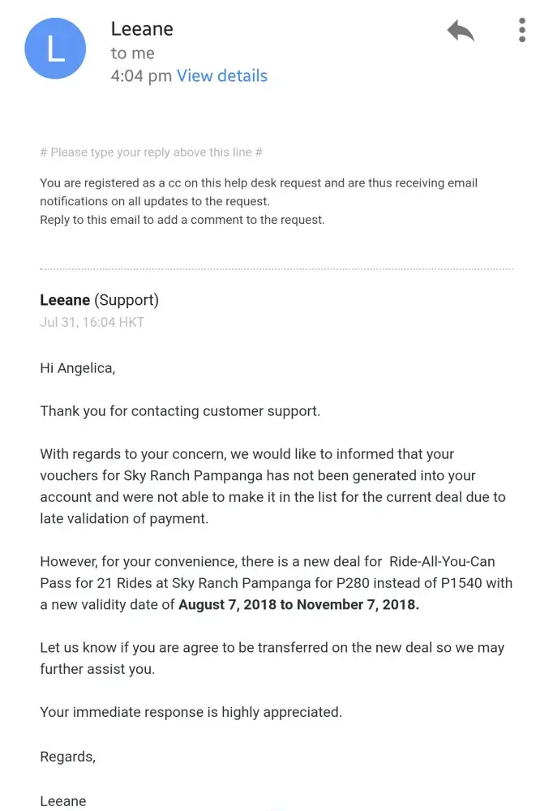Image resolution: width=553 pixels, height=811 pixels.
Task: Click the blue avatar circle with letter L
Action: click(55, 49)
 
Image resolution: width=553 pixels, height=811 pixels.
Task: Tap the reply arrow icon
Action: click(461, 32)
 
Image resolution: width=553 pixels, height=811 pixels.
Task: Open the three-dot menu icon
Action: click(522, 30)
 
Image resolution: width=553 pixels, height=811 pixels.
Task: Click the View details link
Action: click(222, 76)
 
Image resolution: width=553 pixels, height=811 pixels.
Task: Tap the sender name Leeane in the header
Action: click(142, 29)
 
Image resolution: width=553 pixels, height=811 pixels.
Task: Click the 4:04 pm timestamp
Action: click(141, 76)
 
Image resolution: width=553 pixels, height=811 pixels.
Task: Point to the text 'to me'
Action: click(132, 54)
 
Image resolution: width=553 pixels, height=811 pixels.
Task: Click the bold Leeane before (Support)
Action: click(65, 300)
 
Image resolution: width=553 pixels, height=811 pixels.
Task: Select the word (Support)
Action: click(126, 300)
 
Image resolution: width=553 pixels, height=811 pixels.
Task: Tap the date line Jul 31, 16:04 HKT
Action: click(92, 322)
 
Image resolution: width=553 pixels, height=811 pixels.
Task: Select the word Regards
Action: click(66, 757)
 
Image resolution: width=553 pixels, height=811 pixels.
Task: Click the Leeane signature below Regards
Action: click(63, 801)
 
